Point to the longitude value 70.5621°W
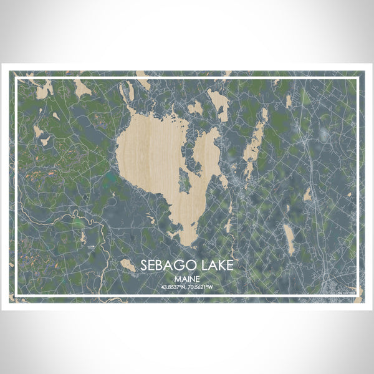[204, 288]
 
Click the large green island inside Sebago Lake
[185, 180]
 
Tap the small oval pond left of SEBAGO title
[128, 266]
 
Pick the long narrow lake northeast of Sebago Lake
[255, 142]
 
